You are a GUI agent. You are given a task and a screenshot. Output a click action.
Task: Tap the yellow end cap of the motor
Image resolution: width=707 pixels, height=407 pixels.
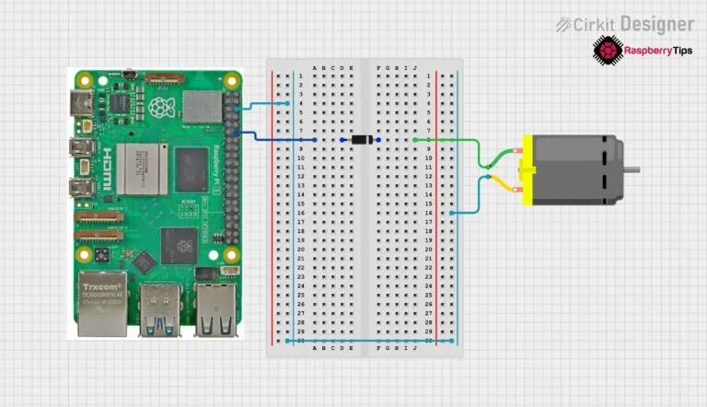point(527,169)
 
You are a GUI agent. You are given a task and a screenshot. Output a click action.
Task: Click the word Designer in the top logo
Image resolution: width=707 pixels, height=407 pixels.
point(656,23)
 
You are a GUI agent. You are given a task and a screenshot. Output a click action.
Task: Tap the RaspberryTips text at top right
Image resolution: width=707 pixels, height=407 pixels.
point(659,51)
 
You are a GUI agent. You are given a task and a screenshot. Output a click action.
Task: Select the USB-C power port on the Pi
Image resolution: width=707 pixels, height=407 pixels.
point(82,102)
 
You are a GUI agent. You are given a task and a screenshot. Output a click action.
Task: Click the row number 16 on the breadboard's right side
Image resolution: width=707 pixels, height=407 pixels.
point(429,213)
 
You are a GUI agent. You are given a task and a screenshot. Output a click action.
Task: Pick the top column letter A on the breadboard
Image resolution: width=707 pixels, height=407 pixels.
point(315,69)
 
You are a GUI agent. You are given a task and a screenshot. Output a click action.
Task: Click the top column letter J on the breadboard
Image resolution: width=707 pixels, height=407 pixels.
point(415,69)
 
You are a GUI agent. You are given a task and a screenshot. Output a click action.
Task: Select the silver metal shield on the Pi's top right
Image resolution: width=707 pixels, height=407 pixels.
point(203,108)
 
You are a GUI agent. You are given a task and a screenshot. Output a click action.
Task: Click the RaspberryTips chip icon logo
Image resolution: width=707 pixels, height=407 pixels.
point(608,50)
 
